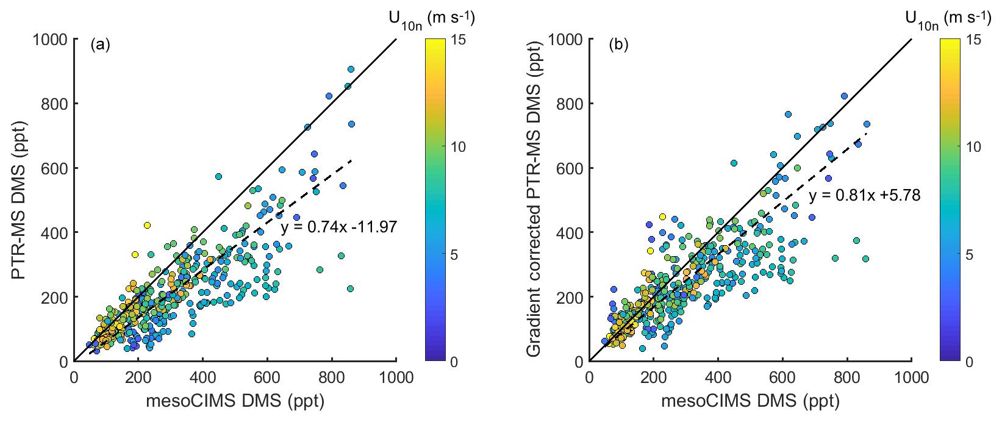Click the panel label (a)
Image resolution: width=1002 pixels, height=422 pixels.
(100, 45)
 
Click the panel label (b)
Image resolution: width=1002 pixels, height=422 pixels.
(615, 45)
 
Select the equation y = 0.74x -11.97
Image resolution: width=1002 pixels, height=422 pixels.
(338, 227)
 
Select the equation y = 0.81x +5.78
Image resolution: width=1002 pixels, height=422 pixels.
(864, 195)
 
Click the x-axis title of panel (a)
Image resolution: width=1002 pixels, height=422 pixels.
(235, 401)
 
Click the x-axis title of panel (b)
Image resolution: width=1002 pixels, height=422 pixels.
(750, 401)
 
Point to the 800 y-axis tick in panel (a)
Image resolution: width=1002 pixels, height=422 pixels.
(56, 104)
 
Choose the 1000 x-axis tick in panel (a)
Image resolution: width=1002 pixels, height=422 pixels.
(396, 377)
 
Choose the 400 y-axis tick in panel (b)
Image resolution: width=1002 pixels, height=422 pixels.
(571, 233)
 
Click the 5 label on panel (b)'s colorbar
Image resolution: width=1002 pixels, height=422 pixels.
(970, 255)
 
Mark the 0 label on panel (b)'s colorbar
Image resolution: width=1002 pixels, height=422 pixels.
(970, 362)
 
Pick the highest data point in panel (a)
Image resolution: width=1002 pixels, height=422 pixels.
(351, 69)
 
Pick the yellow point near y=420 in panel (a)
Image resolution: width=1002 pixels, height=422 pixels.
(147, 225)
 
